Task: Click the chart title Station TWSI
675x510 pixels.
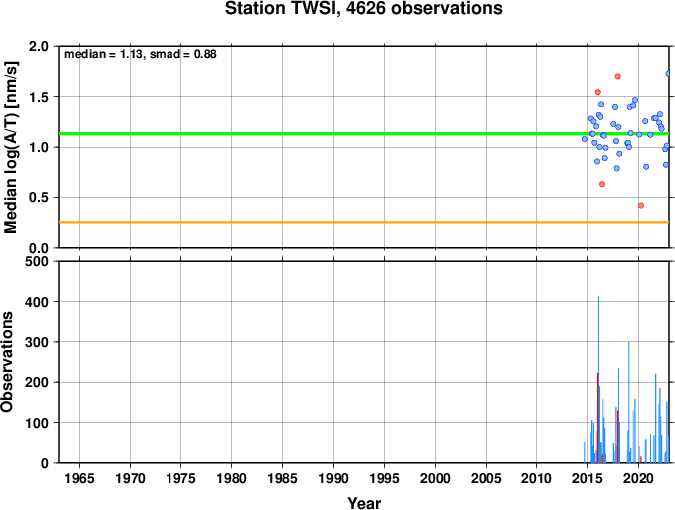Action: click(x=363, y=9)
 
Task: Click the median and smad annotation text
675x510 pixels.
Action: click(x=141, y=54)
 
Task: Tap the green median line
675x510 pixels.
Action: click(x=364, y=133)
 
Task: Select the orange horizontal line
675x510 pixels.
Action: click(x=364, y=222)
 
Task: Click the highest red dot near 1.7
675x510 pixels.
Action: click(x=618, y=76)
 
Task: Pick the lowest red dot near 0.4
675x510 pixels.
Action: click(x=641, y=205)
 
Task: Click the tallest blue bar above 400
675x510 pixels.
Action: click(x=598, y=379)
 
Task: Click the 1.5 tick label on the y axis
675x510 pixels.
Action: click(x=39, y=97)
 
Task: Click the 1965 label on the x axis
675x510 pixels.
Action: click(x=79, y=478)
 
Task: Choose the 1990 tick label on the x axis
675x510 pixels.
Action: click(x=333, y=478)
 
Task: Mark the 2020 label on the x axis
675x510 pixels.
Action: click(x=638, y=478)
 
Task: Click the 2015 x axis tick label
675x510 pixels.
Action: click(x=587, y=478)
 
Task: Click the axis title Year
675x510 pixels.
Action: click(x=364, y=503)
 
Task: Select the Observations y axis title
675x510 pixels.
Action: click(x=7, y=362)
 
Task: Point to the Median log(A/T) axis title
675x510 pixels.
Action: click(x=11, y=147)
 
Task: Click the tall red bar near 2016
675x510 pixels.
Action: click(x=597, y=418)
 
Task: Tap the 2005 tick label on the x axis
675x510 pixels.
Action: click(x=486, y=478)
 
